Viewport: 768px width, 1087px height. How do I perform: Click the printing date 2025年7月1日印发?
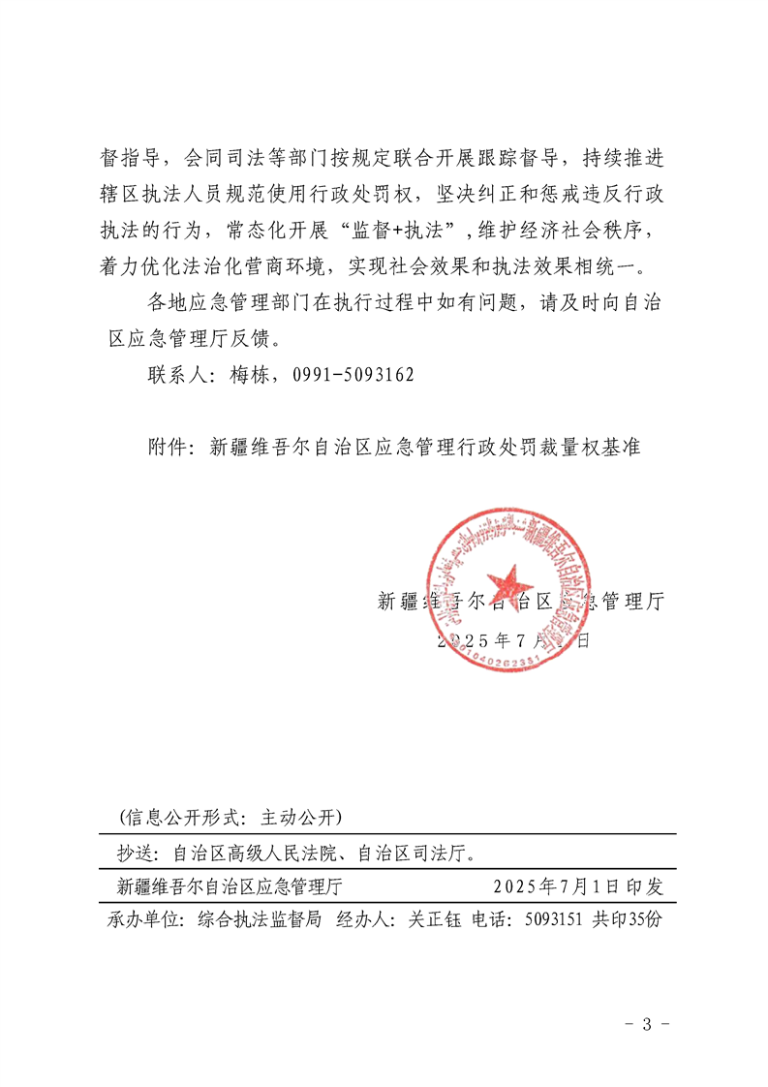[x=578, y=885]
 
